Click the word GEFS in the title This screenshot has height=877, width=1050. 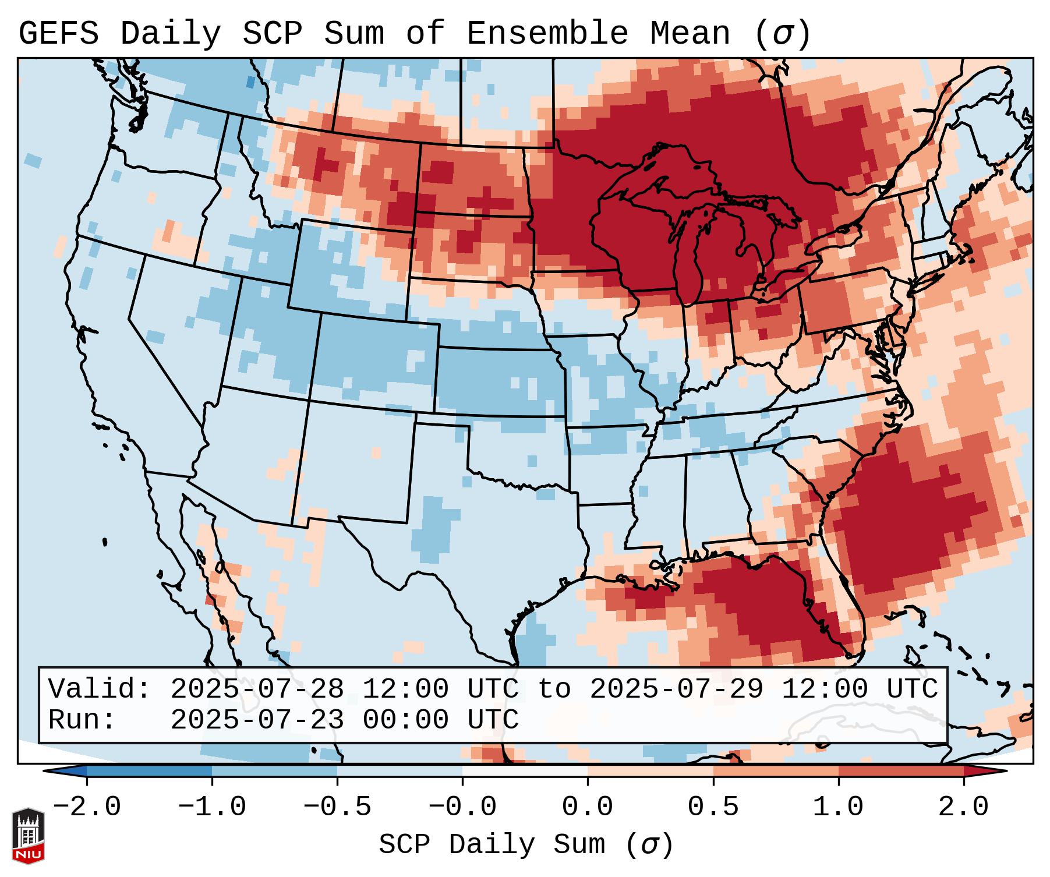pyautogui.click(x=59, y=33)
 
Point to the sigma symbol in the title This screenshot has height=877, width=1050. pyautogui.click(x=782, y=34)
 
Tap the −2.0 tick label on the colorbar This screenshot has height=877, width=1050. pyautogui.click(x=86, y=807)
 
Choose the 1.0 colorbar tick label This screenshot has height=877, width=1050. pyautogui.click(x=838, y=807)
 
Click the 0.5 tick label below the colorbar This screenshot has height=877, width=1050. pyautogui.click(x=713, y=807)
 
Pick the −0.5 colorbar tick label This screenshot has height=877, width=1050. pyautogui.click(x=337, y=807)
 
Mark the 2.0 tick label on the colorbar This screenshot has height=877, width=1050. pyautogui.click(x=963, y=807)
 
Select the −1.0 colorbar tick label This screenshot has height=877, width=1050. pyautogui.click(x=211, y=807)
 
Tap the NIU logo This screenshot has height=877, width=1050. pyautogui.click(x=28, y=836)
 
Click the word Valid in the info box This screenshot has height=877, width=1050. pyautogui.click(x=93, y=689)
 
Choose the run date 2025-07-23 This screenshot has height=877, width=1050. pyautogui.click(x=257, y=720)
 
